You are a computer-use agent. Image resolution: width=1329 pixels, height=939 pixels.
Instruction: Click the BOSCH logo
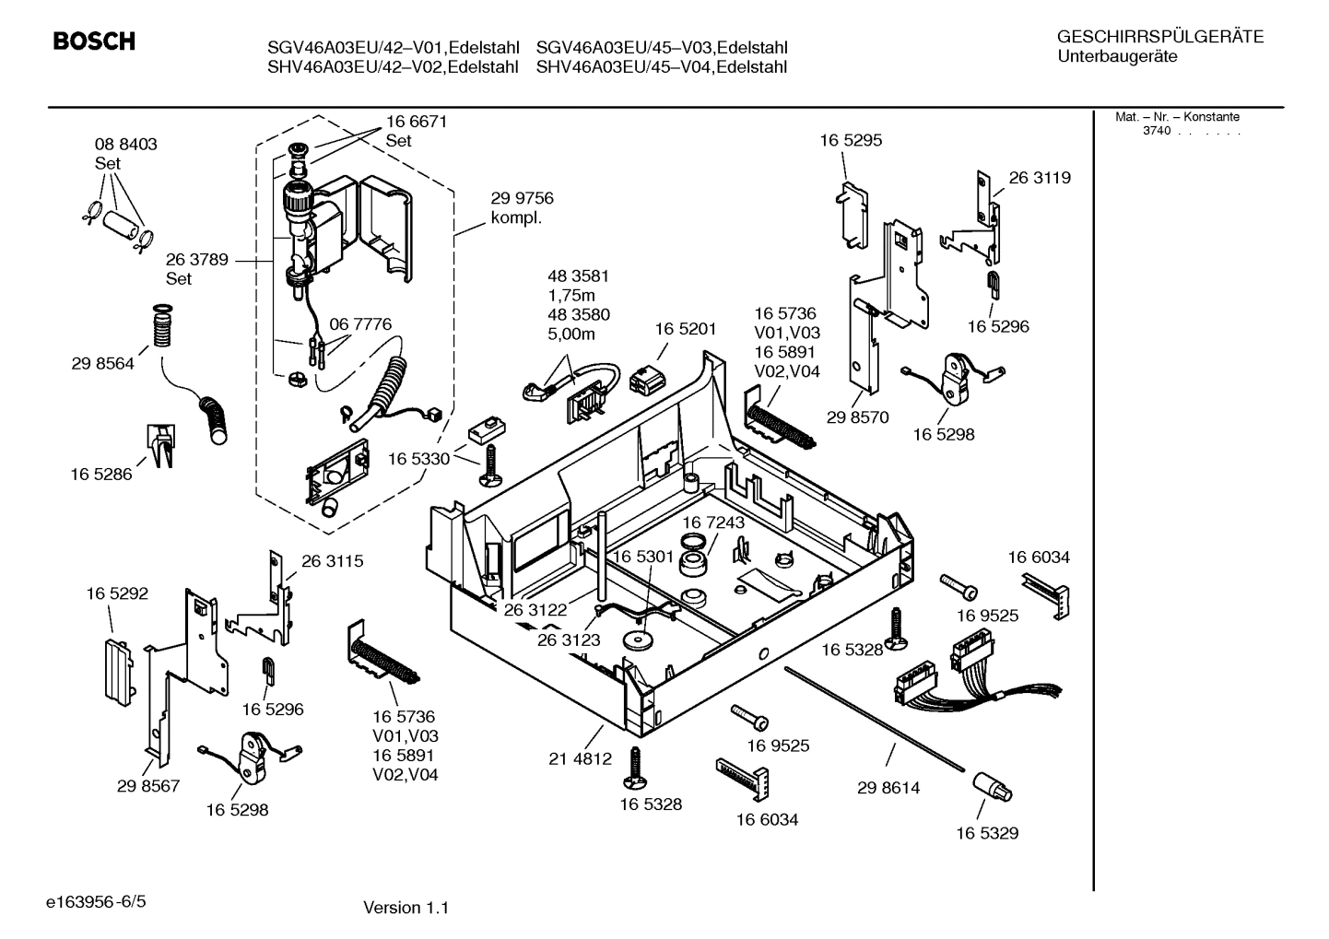point(94,41)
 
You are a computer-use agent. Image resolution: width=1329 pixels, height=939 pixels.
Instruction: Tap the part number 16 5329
point(986,833)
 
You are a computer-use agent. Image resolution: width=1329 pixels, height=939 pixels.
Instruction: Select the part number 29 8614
point(888,788)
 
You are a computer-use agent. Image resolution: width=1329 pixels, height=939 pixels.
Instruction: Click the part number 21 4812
point(580,759)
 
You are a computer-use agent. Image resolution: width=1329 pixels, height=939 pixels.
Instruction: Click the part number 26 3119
point(1040,178)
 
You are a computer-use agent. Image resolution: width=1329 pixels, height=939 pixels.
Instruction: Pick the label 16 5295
point(851,140)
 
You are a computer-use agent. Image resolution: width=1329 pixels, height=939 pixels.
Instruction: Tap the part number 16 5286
point(100,475)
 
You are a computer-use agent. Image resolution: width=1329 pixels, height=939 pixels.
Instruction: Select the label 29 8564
point(102,364)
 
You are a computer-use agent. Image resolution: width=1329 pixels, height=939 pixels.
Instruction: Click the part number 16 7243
point(713,522)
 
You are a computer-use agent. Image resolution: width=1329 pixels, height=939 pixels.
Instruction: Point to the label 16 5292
point(117,594)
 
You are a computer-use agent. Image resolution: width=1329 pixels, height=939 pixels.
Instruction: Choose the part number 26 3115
point(332,561)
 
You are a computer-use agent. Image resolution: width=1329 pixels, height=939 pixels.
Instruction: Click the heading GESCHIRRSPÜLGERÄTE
point(1159,37)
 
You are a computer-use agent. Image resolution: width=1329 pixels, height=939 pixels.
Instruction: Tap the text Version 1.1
point(406,908)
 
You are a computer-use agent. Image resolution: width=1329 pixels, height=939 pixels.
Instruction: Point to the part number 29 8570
point(857,417)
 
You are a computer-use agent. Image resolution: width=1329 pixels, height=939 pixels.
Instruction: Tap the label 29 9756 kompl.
point(522,208)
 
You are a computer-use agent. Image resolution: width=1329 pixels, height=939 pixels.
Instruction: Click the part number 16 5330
point(418,459)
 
